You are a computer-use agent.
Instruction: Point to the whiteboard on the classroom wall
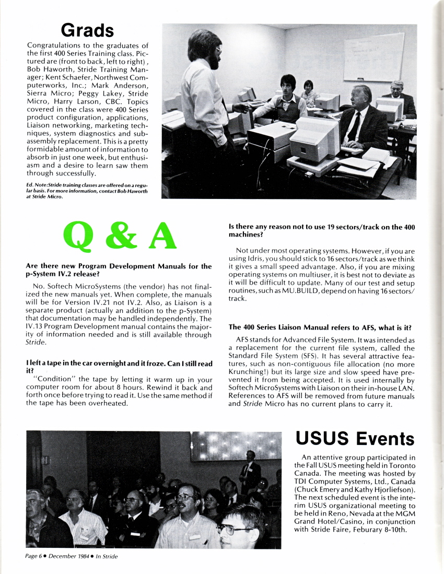click(373, 56)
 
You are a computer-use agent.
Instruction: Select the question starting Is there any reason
click(322, 231)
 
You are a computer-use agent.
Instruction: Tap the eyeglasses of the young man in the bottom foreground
click(231, 529)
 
